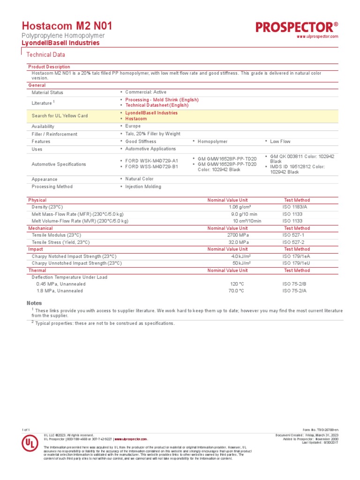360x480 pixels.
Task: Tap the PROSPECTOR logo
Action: pos(297,27)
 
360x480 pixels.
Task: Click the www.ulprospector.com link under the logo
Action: pos(317,37)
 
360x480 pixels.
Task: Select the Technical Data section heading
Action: pos(45,55)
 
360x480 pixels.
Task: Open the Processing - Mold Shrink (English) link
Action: pos(162,100)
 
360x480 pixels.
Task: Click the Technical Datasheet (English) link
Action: pos(157,105)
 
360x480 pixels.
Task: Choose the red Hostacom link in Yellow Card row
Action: pos(136,119)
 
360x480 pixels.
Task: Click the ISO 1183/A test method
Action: pos(295,207)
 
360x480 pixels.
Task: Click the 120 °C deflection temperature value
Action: pos(236,284)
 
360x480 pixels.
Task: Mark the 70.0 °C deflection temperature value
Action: pos(236,291)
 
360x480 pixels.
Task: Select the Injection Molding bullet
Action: pos(143,187)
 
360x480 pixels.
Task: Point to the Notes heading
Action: pos(34,303)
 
